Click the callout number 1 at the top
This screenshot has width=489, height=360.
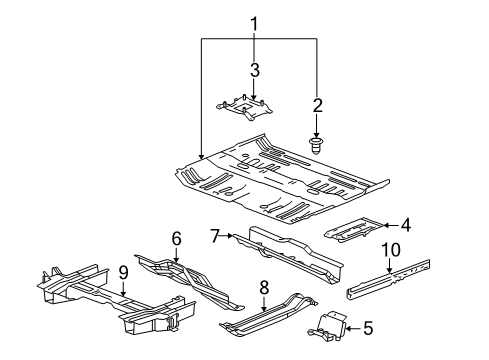[254, 22]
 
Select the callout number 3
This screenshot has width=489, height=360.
[254, 70]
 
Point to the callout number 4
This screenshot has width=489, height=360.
[405, 225]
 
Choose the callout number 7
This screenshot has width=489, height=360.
[214, 236]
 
